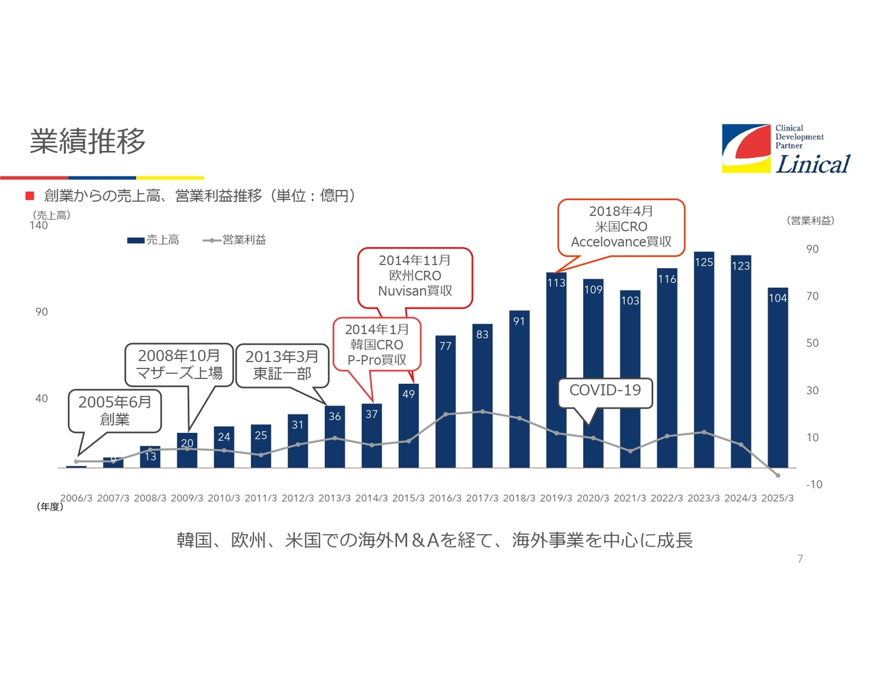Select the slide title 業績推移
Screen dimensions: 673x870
tap(88, 141)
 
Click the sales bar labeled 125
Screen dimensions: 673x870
tap(703, 361)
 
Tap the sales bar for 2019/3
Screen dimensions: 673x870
tap(556, 371)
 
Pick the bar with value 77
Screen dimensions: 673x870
tap(445, 401)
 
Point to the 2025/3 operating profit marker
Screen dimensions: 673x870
tap(778, 475)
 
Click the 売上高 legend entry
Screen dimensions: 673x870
tap(154, 240)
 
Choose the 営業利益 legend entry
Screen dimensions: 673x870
tap(235, 240)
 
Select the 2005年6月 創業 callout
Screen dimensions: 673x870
tap(115, 410)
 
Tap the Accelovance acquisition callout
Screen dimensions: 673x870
tap(621, 227)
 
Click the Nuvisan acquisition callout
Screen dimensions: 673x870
tap(415, 276)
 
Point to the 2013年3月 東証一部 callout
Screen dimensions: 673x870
tap(282, 365)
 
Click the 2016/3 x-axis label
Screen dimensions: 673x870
tap(445, 498)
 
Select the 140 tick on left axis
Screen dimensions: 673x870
tap(39, 226)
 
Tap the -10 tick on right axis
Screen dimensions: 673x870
tap(814, 485)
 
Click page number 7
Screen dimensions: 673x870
tap(800, 559)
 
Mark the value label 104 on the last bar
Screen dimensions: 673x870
tap(778, 298)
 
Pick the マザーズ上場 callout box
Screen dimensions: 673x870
tap(179, 365)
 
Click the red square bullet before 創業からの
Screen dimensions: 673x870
tap(30, 196)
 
